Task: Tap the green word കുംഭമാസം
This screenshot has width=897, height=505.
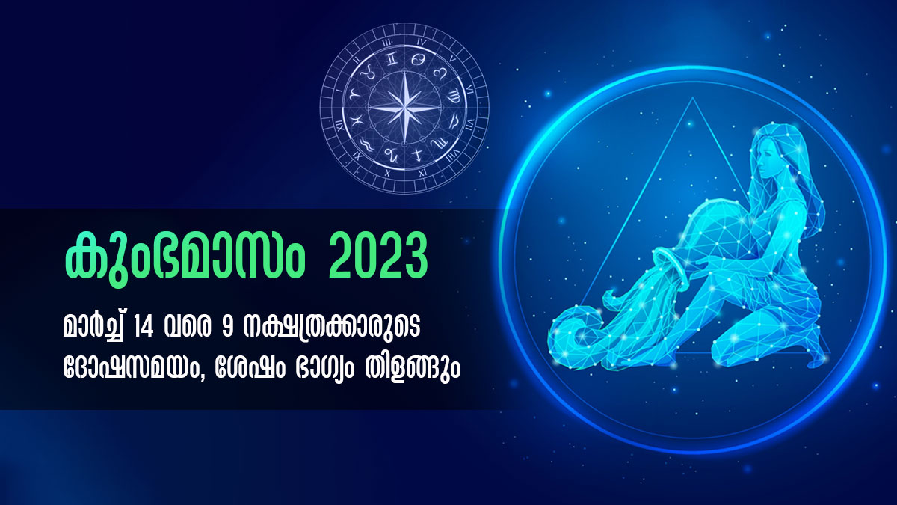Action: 185,260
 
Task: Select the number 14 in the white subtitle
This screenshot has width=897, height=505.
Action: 144,328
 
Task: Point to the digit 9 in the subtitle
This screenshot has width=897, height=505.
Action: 226,328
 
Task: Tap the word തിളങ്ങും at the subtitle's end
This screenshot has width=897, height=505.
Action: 413,369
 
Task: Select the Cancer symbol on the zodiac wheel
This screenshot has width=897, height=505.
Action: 419,60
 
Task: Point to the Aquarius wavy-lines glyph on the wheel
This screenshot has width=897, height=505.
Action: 366,144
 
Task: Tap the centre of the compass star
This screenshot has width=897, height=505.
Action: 404,108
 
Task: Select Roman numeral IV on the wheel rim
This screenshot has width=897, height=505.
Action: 422,43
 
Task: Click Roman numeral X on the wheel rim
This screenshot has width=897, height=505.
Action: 387,173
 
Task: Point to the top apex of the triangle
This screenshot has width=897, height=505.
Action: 692,97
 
